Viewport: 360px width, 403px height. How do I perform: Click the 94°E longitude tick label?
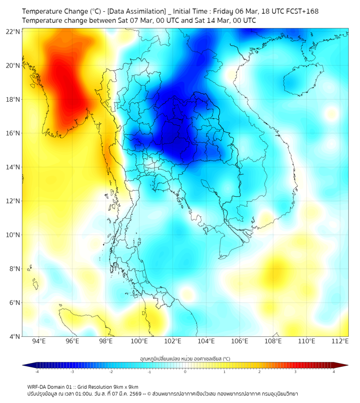(x=39, y=342)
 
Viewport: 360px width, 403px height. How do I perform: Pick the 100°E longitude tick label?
(x=139, y=342)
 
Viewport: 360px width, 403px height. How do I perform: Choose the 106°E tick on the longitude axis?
(x=240, y=342)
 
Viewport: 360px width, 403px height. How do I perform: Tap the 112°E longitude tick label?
(x=340, y=342)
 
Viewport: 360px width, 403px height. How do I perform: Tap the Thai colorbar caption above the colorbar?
(x=185, y=359)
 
